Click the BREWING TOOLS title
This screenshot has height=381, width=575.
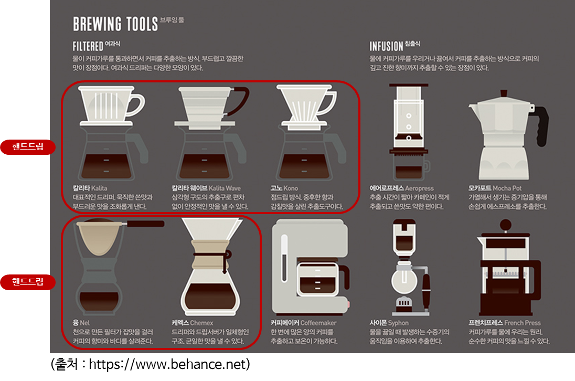point(115,24)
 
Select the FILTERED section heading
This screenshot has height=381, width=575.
point(88,47)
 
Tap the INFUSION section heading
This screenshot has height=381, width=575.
point(386,47)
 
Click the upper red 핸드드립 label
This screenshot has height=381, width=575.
point(28,146)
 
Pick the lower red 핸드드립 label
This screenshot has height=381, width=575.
point(28,282)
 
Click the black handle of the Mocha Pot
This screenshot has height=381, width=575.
point(540,125)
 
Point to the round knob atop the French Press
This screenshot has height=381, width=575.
point(505,225)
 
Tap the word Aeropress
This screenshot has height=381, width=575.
point(419,188)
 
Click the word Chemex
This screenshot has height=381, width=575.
point(201,323)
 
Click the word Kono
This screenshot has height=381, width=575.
point(291,188)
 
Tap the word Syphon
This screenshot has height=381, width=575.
point(398,323)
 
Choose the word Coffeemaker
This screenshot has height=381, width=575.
point(318,323)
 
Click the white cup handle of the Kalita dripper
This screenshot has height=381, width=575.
point(136,105)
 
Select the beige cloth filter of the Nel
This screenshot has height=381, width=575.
point(99,238)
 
